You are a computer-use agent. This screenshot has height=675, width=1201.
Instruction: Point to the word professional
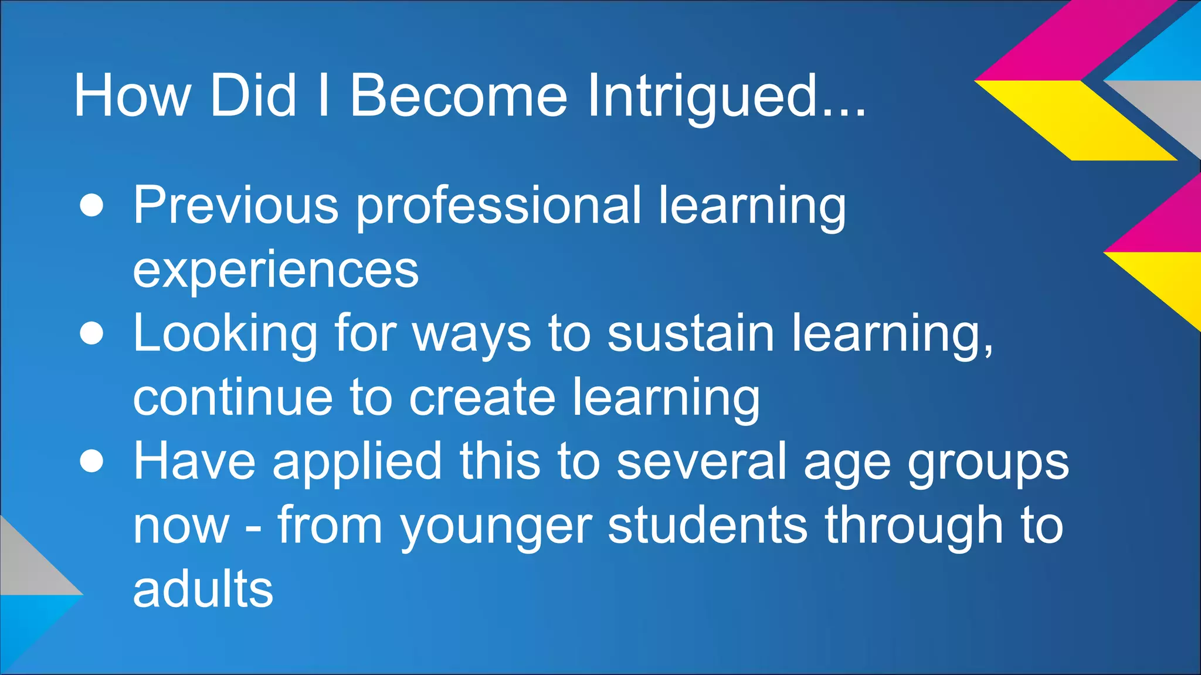pos(498,206)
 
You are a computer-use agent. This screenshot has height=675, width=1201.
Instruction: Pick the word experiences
pos(276,270)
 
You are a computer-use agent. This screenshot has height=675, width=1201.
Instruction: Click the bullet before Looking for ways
pos(91,333)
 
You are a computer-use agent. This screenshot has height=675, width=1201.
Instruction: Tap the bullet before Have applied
pos(91,461)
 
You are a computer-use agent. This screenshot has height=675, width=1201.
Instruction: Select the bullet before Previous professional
pos(91,206)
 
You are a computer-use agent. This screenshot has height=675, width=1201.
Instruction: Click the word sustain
pos(691,333)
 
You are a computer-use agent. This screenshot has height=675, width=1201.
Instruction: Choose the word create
pos(482,397)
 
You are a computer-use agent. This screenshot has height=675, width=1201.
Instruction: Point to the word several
pos(701,461)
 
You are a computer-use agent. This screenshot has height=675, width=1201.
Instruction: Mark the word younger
pos(496,527)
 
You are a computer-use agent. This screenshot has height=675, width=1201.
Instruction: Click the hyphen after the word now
pos(253,527)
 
